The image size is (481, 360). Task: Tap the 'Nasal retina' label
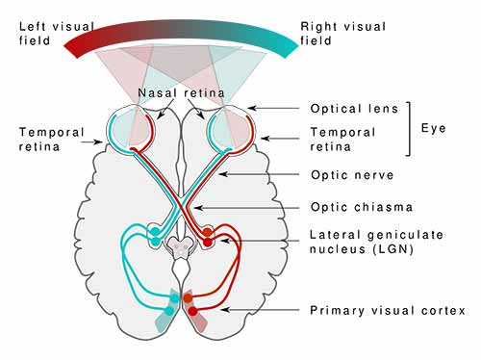pyautogui.click(x=182, y=93)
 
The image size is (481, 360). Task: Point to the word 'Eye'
pyautogui.click(x=434, y=128)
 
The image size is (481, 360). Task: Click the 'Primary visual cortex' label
pyautogui.click(x=387, y=310)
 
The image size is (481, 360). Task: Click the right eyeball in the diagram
pyautogui.click(x=233, y=128)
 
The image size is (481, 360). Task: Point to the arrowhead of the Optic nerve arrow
pyautogui.click(x=220, y=176)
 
